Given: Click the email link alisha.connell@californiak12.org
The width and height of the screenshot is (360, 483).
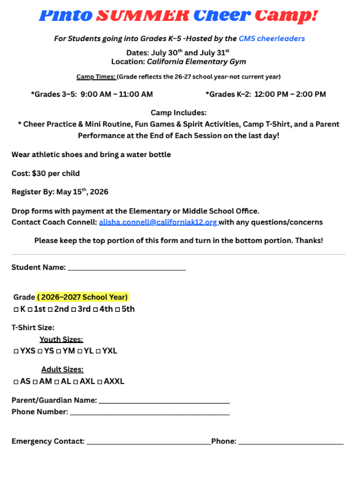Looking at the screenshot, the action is [158, 222].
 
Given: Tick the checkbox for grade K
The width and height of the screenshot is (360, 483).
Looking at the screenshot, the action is [15, 309].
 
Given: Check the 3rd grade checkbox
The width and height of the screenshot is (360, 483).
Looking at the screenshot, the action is [74, 309].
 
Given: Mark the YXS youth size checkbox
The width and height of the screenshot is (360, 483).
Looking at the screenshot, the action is [15, 352].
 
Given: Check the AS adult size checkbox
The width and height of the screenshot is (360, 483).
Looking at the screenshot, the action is [15, 382].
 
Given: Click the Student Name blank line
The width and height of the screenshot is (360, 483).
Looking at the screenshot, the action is [126, 268].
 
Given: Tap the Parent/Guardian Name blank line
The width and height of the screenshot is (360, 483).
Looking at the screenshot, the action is [163, 401].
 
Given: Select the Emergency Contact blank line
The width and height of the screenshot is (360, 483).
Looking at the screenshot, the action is [148, 441].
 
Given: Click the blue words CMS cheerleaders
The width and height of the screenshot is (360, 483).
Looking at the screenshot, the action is [272, 39].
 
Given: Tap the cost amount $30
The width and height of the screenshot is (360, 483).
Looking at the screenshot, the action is [38, 174].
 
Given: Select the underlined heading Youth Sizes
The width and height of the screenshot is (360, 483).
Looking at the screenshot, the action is [61, 339].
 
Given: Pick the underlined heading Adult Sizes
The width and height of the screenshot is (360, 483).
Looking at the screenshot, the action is [62, 369].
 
